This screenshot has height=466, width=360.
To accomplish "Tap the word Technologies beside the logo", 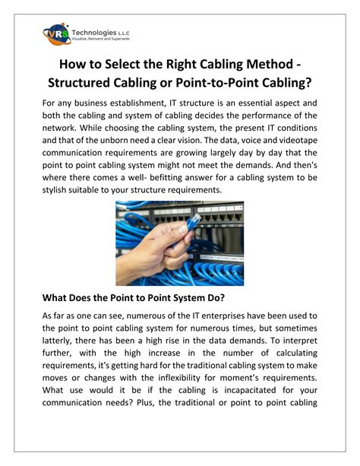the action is (x=94, y=32).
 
